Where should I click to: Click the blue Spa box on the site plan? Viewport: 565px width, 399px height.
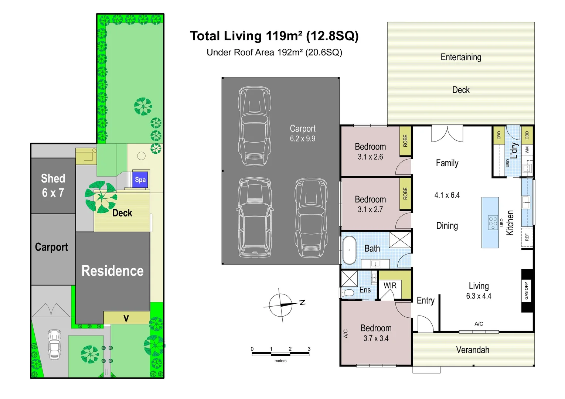[x=140, y=180]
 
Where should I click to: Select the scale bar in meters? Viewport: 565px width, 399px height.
[x=280, y=354]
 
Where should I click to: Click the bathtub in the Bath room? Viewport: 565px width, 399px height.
[x=349, y=250]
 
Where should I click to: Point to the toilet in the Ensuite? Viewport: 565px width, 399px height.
[x=347, y=293]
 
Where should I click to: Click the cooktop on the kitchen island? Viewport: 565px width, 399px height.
[x=493, y=223]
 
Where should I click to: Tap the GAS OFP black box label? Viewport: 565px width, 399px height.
[x=526, y=291]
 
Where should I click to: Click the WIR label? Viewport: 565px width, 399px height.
[x=390, y=286]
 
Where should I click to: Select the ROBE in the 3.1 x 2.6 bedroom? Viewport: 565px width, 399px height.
[x=405, y=141]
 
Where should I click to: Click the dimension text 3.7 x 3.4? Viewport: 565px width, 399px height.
[x=376, y=338]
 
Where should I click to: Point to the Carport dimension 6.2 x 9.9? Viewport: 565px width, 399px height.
[x=302, y=139]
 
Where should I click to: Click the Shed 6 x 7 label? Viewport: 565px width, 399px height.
[x=53, y=185]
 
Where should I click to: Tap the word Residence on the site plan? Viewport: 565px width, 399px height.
[x=112, y=271]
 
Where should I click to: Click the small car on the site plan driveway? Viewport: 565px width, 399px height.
[x=54, y=344]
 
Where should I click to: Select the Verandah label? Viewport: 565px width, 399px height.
[x=473, y=350]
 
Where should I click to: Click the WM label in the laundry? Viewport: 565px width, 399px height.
[x=527, y=150]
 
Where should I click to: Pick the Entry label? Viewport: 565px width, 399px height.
[x=425, y=300]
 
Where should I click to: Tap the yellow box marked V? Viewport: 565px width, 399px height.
[x=126, y=318]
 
